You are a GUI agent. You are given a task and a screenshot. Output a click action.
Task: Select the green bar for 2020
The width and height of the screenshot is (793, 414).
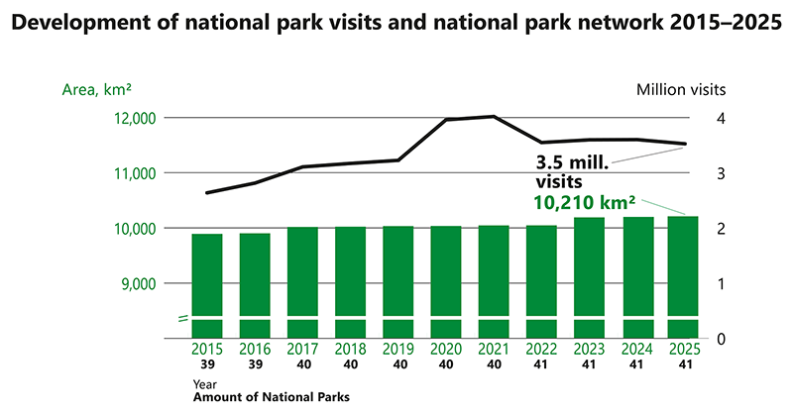[x=445, y=281]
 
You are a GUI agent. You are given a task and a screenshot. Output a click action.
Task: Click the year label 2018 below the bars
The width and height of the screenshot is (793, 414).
[x=350, y=350]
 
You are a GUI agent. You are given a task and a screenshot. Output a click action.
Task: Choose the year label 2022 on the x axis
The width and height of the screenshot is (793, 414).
[x=540, y=350]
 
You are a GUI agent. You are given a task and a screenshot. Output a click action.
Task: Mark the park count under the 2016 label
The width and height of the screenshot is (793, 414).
[x=255, y=364]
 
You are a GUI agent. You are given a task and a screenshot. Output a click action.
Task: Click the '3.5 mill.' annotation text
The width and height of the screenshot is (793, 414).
[x=572, y=162]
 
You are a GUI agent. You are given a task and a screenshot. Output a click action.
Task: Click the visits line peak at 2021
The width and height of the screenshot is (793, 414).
[x=493, y=117]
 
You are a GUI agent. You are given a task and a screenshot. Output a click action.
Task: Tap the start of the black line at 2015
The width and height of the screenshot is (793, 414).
[x=207, y=192]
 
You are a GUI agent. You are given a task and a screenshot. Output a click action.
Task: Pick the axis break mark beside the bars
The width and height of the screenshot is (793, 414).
[x=182, y=318]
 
